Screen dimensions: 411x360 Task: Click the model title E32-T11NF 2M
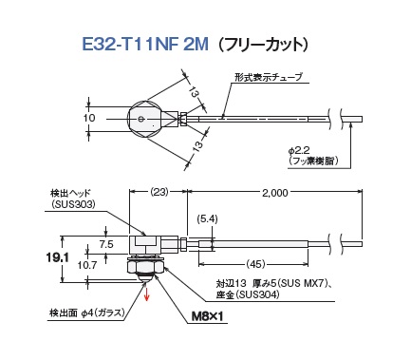pos(145,44)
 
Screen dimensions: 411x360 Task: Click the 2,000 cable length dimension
pos(274,193)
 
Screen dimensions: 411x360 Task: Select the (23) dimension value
pos(159,192)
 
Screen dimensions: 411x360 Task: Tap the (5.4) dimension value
pos(207,218)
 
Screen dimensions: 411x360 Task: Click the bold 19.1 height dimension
pos(57,258)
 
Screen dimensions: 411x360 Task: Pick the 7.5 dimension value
pos(106,244)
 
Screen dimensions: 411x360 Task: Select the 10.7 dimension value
pos(87,265)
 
